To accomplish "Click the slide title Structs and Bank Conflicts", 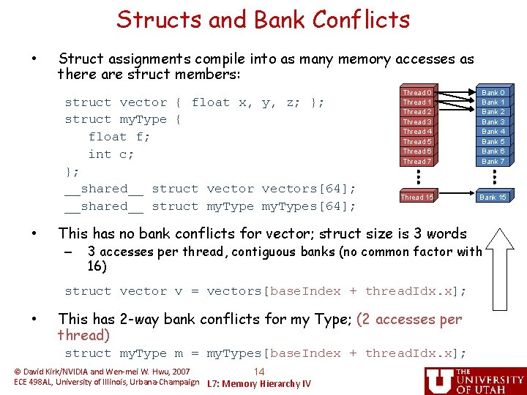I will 263,20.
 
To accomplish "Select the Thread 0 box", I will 417,93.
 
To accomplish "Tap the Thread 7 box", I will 417,161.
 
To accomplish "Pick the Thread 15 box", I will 417,197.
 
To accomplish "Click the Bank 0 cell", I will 493,93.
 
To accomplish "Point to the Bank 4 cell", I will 493,132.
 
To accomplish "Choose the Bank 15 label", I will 493,197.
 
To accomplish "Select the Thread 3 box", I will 417,122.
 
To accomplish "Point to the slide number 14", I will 258,372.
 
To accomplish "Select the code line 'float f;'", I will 119,137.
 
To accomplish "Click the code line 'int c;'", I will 111,154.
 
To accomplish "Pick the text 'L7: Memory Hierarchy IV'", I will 259,384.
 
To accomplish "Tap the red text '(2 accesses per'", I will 408,319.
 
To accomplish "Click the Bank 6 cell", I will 493,151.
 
